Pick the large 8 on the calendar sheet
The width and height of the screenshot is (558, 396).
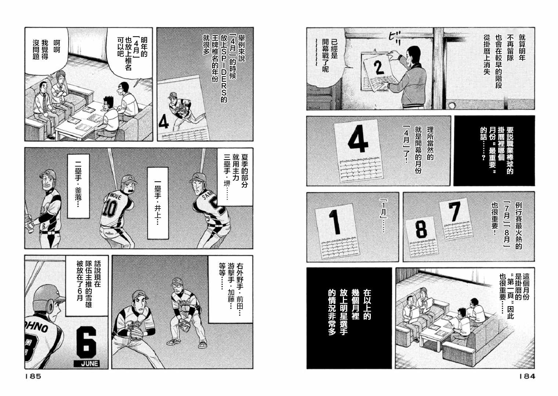421,230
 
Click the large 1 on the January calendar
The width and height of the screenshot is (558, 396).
334,222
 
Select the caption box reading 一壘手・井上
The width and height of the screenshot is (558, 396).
158,203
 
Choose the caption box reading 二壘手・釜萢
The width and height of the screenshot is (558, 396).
79,186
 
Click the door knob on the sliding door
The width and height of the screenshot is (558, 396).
452,106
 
